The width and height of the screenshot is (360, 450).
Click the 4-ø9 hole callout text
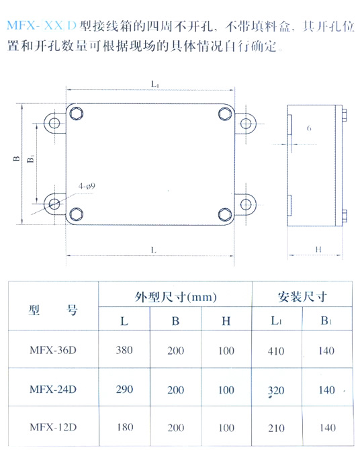(87, 186)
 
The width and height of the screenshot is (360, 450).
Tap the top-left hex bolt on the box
(77, 114)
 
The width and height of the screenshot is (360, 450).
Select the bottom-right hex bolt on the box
(225, 215)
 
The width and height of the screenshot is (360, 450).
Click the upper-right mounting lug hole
(246, 124)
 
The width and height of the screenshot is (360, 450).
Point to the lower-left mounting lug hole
(54, 204)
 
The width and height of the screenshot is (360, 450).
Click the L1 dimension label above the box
(155, 84)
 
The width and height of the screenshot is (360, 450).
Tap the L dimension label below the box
(154, 250)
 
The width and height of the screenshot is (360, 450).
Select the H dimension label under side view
(318, 249)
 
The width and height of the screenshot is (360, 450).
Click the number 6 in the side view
(309, 128)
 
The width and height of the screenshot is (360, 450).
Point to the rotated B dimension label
(17, 159)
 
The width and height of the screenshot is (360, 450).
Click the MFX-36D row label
(53, 350)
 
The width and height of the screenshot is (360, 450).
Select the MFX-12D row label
(54, 427)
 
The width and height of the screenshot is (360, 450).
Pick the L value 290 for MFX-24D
(125, 390)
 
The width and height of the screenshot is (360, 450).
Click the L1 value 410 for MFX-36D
(276, 351)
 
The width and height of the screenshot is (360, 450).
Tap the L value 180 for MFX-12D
(125, 427)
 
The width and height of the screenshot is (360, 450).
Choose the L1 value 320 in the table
(276, 390)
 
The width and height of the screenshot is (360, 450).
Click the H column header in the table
(226, 321)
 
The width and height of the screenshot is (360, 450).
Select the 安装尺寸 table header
(302, 297)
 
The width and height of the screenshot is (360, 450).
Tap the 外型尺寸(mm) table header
(176, 297)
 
